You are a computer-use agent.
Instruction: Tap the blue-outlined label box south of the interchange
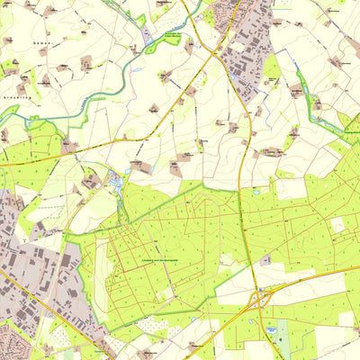270,331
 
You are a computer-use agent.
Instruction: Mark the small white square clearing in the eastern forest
337,224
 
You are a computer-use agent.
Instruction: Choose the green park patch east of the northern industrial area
271,67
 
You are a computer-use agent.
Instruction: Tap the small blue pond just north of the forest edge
257,192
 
